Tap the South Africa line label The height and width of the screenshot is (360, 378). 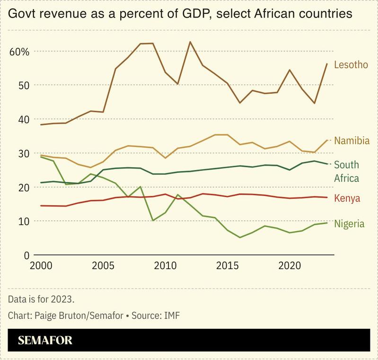(346, 171)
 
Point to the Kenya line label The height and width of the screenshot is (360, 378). (347, 198)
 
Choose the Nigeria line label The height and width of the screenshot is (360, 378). (350, 224)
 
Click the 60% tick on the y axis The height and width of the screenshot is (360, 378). (19, 51)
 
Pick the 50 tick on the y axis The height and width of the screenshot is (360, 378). (24, 85)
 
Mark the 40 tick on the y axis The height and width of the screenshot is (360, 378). (24, 119)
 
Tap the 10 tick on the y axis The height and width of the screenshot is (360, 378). (24, 221)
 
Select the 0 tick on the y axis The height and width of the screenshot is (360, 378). (27, 255)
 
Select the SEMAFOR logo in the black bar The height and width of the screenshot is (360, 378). (45, 340)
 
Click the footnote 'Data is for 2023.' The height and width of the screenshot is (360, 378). (41, 299)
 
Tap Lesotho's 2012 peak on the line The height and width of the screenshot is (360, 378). (190, 42)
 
